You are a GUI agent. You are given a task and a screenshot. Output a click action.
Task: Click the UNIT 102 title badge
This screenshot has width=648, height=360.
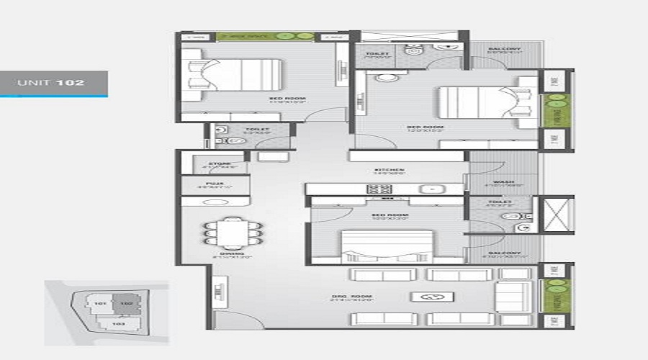[x=53, y=83]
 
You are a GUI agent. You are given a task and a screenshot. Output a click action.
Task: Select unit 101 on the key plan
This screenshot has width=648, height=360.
[x=99, y=304]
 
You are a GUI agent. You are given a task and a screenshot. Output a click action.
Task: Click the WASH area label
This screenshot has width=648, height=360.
[x=503, y=182]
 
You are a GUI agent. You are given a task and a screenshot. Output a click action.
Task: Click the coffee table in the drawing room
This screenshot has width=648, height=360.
[x=432, y=296]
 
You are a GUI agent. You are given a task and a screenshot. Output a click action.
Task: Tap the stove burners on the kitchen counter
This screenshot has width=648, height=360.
[x=379, y=189]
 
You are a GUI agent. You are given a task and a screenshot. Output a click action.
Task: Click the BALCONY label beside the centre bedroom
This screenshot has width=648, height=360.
[x=503, y=253]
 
